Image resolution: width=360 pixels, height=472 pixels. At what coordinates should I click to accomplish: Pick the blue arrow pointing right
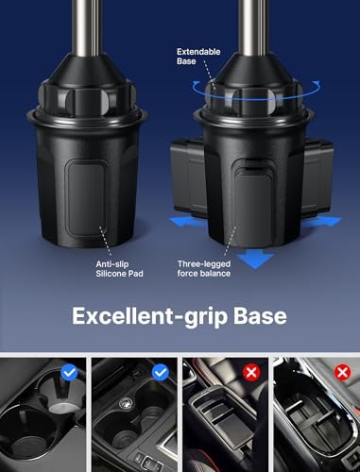click(x=325, y=220)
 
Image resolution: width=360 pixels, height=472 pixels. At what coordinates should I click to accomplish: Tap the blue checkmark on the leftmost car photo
click(x=70, y=373)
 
